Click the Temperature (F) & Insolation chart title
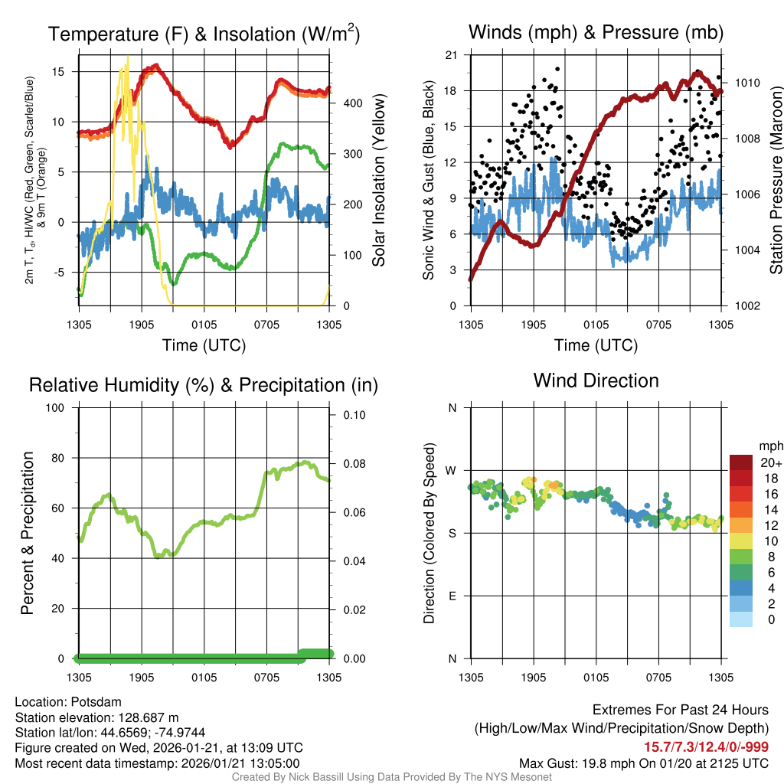(204, 34)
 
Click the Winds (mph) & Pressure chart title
(596, 32)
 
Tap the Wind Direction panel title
(596, 381)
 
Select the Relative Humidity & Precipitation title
(204, 385)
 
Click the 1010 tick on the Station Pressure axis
(746, 83)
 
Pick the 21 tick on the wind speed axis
(451, 55)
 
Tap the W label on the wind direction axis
(452, 470)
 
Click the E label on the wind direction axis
(452, 596)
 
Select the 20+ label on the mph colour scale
(771, 463)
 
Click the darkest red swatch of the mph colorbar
(740, 462)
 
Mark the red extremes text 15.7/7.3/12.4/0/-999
(705, 747)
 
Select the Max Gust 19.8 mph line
(643, 763)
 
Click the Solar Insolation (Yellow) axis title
(379, 180)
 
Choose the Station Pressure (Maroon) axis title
(776, 180)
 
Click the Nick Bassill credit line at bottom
(391, 777)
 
